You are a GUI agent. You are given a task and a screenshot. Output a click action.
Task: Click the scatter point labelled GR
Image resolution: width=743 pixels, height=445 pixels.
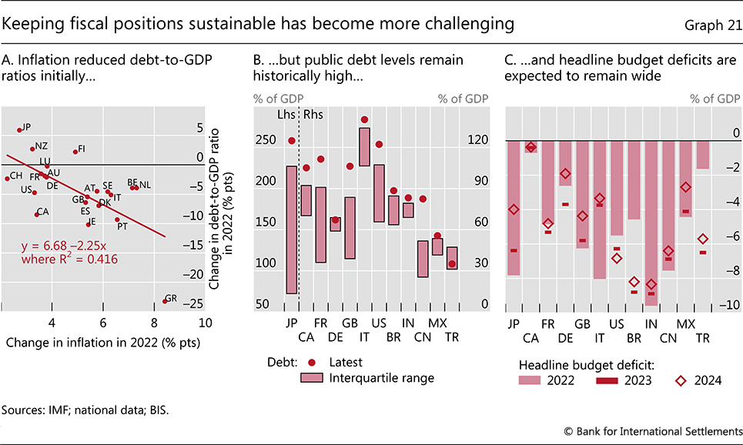pos(164,300)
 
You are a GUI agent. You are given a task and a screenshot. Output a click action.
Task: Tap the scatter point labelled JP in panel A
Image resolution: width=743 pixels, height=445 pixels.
pos(19,129)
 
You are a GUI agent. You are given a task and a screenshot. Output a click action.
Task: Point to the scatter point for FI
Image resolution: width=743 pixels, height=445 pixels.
pos(75,151)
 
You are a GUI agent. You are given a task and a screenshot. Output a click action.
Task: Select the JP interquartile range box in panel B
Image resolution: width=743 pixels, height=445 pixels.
pos(292,229)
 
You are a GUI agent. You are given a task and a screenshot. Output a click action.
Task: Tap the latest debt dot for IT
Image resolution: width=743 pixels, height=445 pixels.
pos(364,120)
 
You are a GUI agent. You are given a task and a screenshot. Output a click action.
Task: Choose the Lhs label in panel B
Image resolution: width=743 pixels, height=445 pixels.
pos(286,115)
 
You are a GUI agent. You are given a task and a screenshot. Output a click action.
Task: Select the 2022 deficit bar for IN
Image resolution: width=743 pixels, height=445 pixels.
pos(651,223)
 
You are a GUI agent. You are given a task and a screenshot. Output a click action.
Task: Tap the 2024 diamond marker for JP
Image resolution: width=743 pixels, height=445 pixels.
pos(514,209)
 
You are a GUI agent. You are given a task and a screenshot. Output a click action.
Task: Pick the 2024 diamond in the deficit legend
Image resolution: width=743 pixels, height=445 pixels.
pos(682,380)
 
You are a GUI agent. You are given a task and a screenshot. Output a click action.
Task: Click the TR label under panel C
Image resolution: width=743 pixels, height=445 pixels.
pos(702,337)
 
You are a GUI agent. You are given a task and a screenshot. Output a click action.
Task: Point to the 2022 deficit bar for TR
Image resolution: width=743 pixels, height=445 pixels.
pos(703,155)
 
